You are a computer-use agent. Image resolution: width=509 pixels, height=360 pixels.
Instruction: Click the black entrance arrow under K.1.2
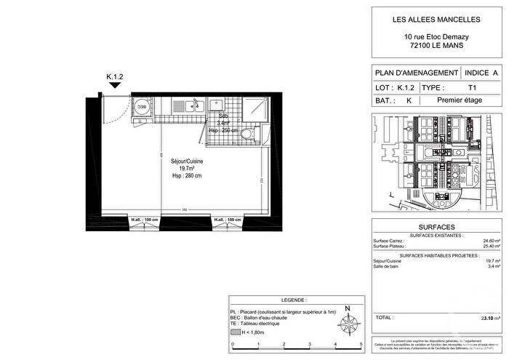tap(114, 85)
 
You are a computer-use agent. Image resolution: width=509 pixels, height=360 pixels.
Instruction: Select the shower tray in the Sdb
tap(254, 109)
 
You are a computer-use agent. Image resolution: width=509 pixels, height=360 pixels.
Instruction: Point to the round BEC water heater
tap(142, 106)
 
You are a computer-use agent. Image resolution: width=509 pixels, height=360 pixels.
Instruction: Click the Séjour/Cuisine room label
tap(187, 161)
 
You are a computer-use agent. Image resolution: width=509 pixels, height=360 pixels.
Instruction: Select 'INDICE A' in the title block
tap(481, 73)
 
